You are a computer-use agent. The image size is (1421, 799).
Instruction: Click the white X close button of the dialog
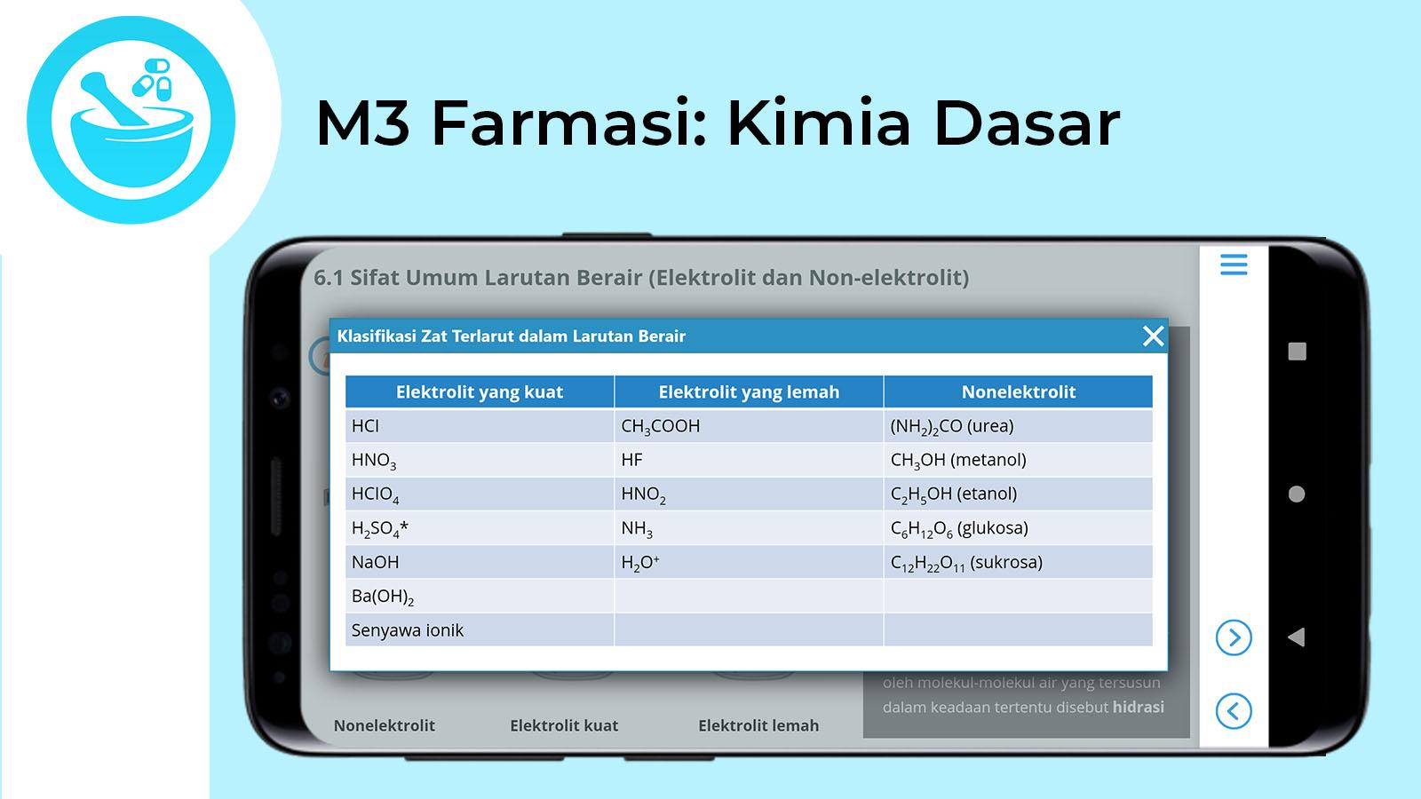[1153, 336]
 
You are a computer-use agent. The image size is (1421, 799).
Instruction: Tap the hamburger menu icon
[1234, 265]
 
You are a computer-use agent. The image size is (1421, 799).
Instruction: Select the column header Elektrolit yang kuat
[480, 392]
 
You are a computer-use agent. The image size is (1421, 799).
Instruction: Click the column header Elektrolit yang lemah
[749, 392]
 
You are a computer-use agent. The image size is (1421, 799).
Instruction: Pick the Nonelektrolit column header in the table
[1018, 392]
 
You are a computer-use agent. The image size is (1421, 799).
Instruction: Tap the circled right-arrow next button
[1234, 637]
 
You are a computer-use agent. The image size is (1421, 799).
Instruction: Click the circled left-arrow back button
[1234, 711]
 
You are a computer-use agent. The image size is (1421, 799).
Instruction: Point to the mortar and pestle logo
[131, 120]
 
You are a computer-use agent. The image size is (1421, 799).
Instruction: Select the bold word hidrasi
[1138, 707]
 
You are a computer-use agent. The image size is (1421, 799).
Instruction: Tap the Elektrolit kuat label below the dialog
[564, 725]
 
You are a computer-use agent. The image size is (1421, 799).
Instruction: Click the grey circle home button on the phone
[1297, 494]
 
